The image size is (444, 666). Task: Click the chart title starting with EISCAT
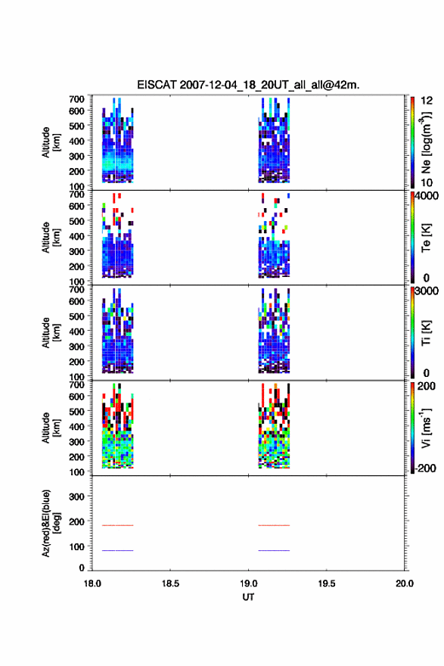(x=248, y=85)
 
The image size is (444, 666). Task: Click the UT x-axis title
(x=248, y=597)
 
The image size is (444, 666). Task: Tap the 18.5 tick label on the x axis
(x=170, y=584)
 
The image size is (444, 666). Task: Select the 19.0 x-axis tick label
(x=248, y=584)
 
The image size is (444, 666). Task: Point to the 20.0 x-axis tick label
(x=405, y=584)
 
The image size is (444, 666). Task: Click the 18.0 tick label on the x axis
(x=92, y=584)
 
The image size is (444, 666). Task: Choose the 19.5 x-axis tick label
(x=327, y=584)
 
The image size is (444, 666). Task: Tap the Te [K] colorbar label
(x=426, y=238)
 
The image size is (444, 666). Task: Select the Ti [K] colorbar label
(x=426, y=333)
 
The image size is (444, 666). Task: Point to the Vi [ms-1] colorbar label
(x=426, y=428)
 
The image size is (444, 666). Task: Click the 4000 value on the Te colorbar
(x=427, y=196)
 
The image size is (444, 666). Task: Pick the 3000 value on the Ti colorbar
(x=427, y=291)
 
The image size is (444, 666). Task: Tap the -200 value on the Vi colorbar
(x=425, y=468)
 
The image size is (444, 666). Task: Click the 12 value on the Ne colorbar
(x=427, y=101)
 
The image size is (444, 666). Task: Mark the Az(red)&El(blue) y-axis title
(x=51, y=523)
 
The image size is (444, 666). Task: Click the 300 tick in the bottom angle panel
(x=76, y=496)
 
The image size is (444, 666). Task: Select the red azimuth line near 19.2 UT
(x=274, y=525)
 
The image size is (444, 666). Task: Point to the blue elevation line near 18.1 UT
(x=117, y=550)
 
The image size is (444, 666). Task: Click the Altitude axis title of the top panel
(x=51, y=143)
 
